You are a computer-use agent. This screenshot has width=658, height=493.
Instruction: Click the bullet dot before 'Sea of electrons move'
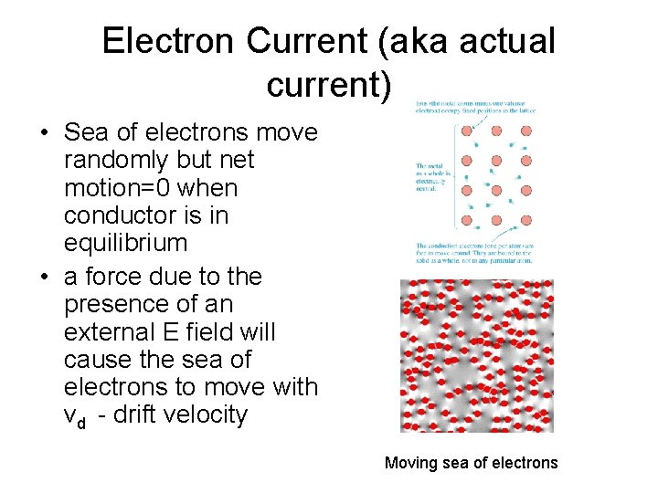[43, 133]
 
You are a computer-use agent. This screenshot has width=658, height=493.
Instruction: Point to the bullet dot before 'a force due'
[43, 277]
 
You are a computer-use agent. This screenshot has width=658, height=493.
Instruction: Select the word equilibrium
[125, 244]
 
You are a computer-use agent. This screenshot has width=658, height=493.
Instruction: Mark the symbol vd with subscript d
[76, 416]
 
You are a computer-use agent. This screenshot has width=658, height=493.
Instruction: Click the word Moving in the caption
[410, 463]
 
